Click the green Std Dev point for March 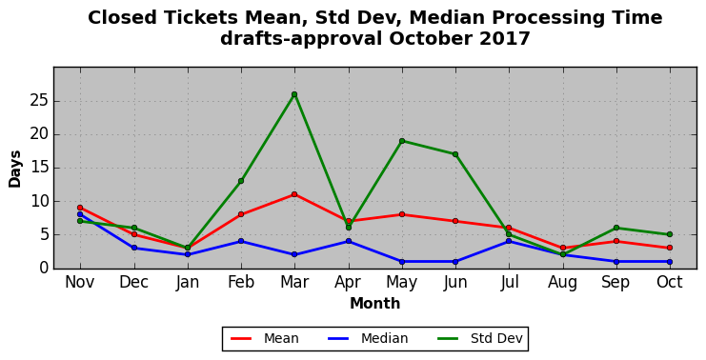point(294,94)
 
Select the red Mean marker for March point(294,194)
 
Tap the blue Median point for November point(80,214)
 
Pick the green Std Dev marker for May point(402,141)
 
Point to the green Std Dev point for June point(455,154)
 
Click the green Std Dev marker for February point(241,181)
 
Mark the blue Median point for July point(509,241)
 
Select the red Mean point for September point(615,241)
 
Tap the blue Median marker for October point(670,262)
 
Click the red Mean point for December point(133,234)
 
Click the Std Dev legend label point(496,338)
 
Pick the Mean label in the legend point(281,338)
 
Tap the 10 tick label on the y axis point(39,201)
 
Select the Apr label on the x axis point(348,282)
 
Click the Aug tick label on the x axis point(562,283)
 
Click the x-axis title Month point(375,303)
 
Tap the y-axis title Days point(15,170)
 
